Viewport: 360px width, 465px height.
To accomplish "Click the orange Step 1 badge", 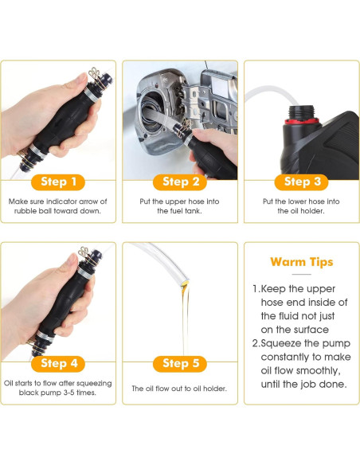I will click(59, 182).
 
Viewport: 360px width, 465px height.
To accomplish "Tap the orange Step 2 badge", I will click(180, 182).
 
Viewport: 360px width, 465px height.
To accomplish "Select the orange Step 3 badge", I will click(301, 182).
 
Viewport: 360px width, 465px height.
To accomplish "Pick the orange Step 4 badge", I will click(59, 363).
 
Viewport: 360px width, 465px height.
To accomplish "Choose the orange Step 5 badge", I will click(180, 363).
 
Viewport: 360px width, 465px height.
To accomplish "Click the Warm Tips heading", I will click(301, 261).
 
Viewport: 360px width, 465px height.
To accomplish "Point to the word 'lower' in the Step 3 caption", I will click(306, 201).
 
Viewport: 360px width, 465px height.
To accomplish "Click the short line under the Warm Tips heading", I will click(301, 275).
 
